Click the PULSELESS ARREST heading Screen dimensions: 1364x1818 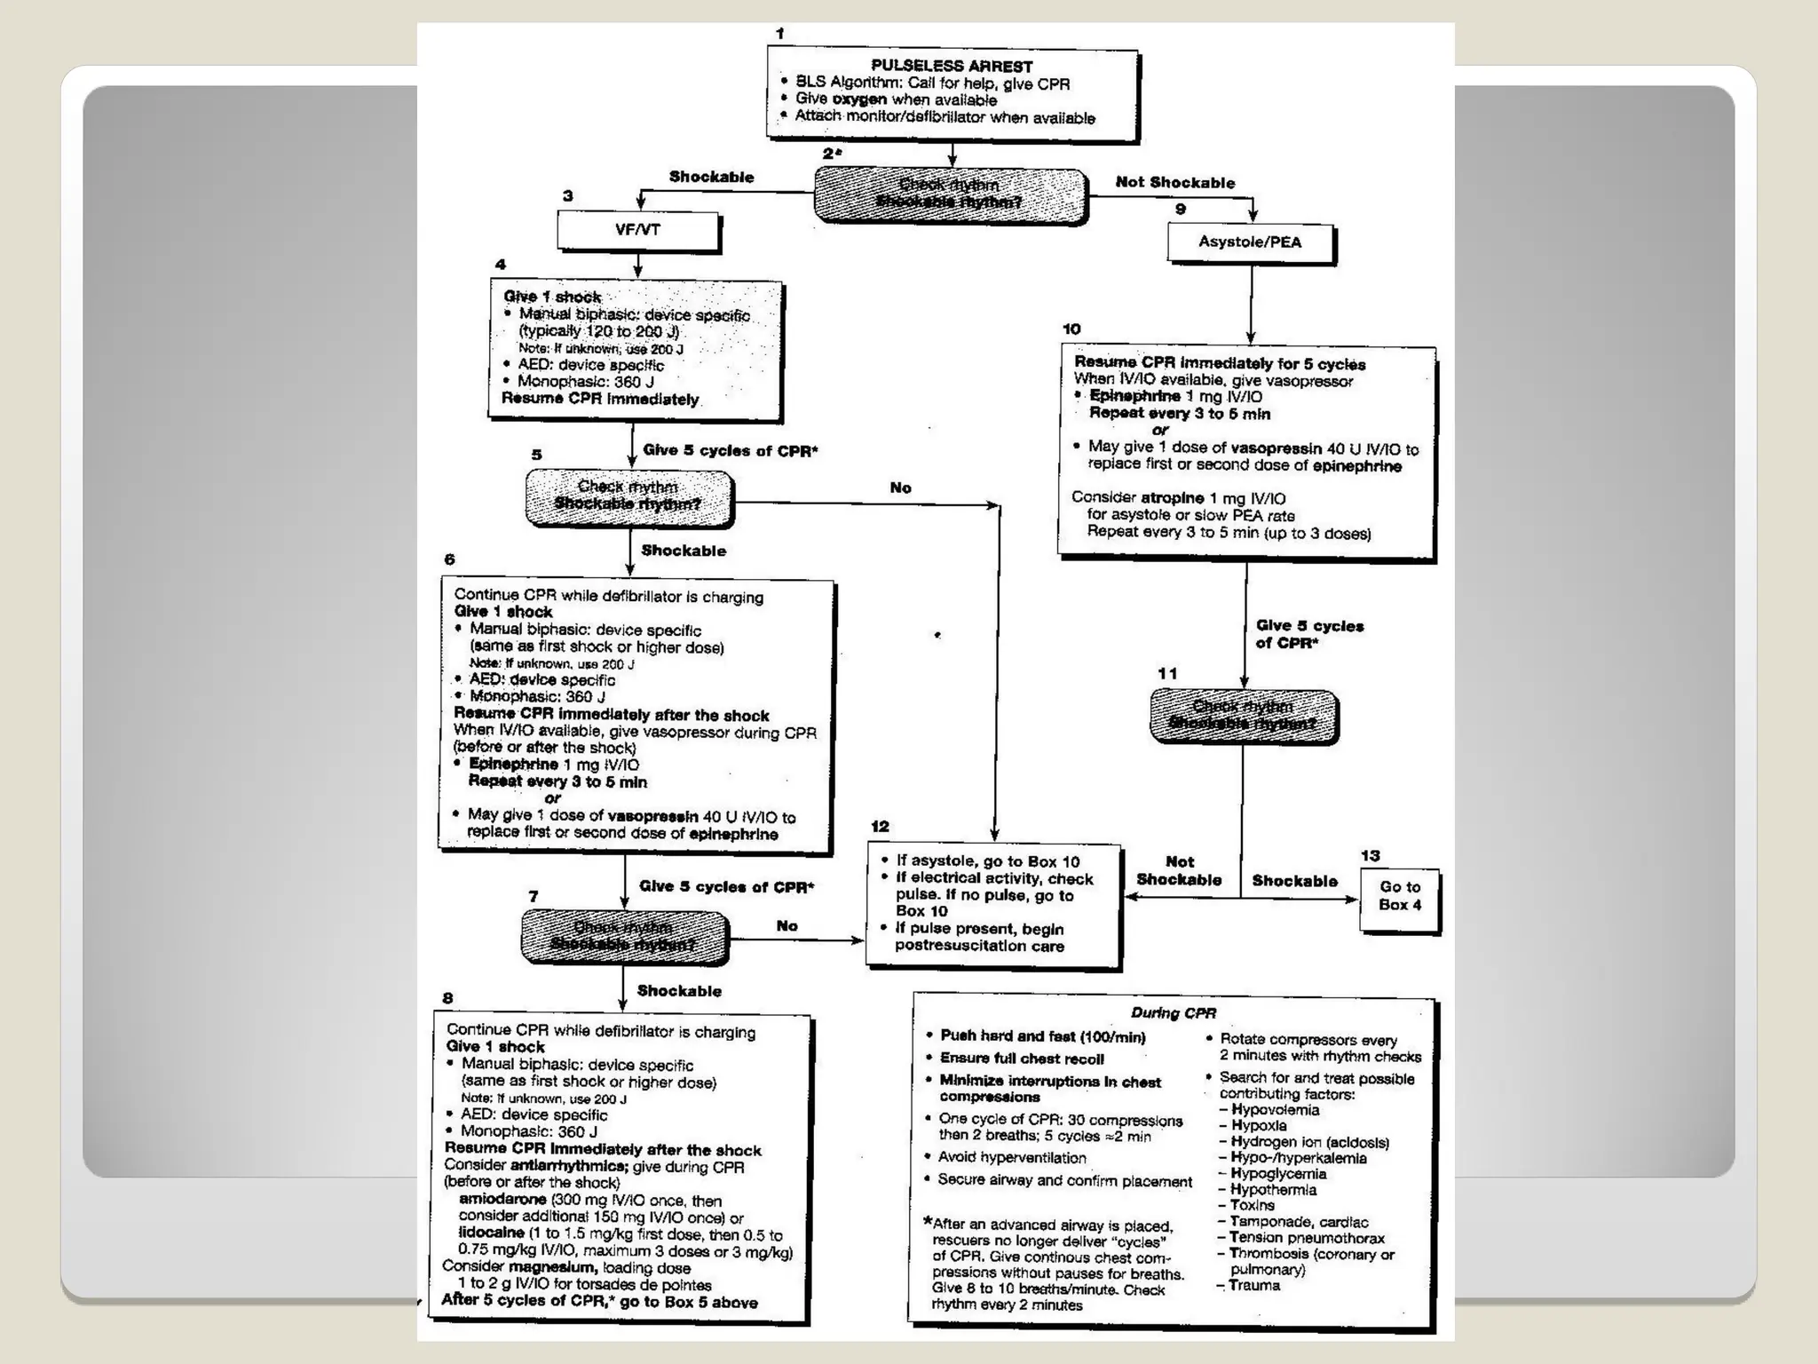[951, 66]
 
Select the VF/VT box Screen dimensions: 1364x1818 [637, 230]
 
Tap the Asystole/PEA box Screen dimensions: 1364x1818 [1250, 242]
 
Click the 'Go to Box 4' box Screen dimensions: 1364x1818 [1399, 896]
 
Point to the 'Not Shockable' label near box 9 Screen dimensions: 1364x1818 [1174, 183]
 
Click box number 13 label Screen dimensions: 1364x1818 [1370, 856]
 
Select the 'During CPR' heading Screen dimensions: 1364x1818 [1173, 1013]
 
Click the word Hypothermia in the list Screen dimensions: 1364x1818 [1273, 1190]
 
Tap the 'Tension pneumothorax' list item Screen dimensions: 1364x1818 [1307, 1238]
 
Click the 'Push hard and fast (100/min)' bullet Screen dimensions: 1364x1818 [1042, 1036]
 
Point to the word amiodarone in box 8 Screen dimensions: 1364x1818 [502, 1200]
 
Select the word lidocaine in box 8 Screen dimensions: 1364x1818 [491, 1233]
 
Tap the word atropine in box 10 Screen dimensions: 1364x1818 [1172, 498]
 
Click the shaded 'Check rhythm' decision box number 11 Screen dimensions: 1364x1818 [1243, 716]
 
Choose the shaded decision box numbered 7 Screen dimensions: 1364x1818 [624, 936]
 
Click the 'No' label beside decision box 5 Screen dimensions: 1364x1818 [900, 488]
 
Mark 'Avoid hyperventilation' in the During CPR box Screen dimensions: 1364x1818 [1012, 1158]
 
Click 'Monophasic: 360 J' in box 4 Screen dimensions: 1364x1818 [586, 382]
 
